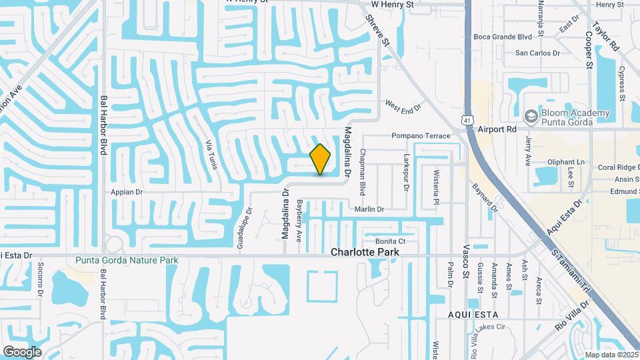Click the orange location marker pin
320,159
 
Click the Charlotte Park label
365,252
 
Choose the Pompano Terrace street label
421,136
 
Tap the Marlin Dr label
369,209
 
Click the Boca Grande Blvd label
503,37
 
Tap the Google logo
22,352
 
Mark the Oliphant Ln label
565,162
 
